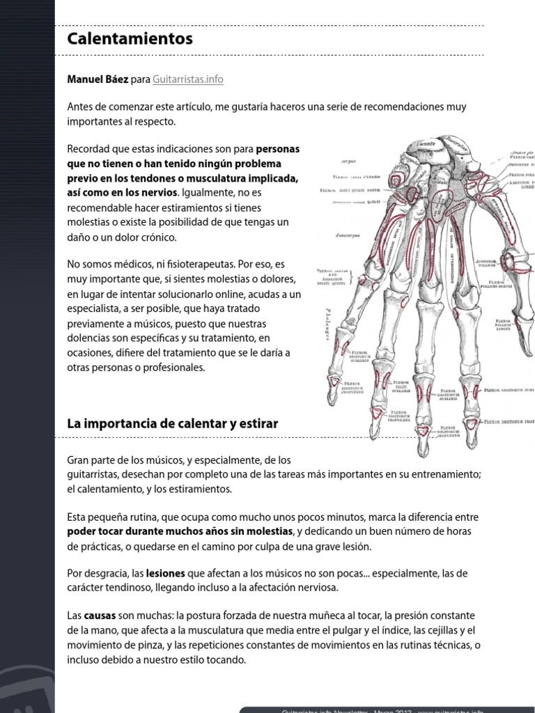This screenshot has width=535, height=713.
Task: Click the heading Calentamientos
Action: point(130,39)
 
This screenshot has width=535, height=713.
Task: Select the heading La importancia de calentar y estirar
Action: point(172,423)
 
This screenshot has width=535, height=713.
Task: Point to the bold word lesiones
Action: point(165,574)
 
